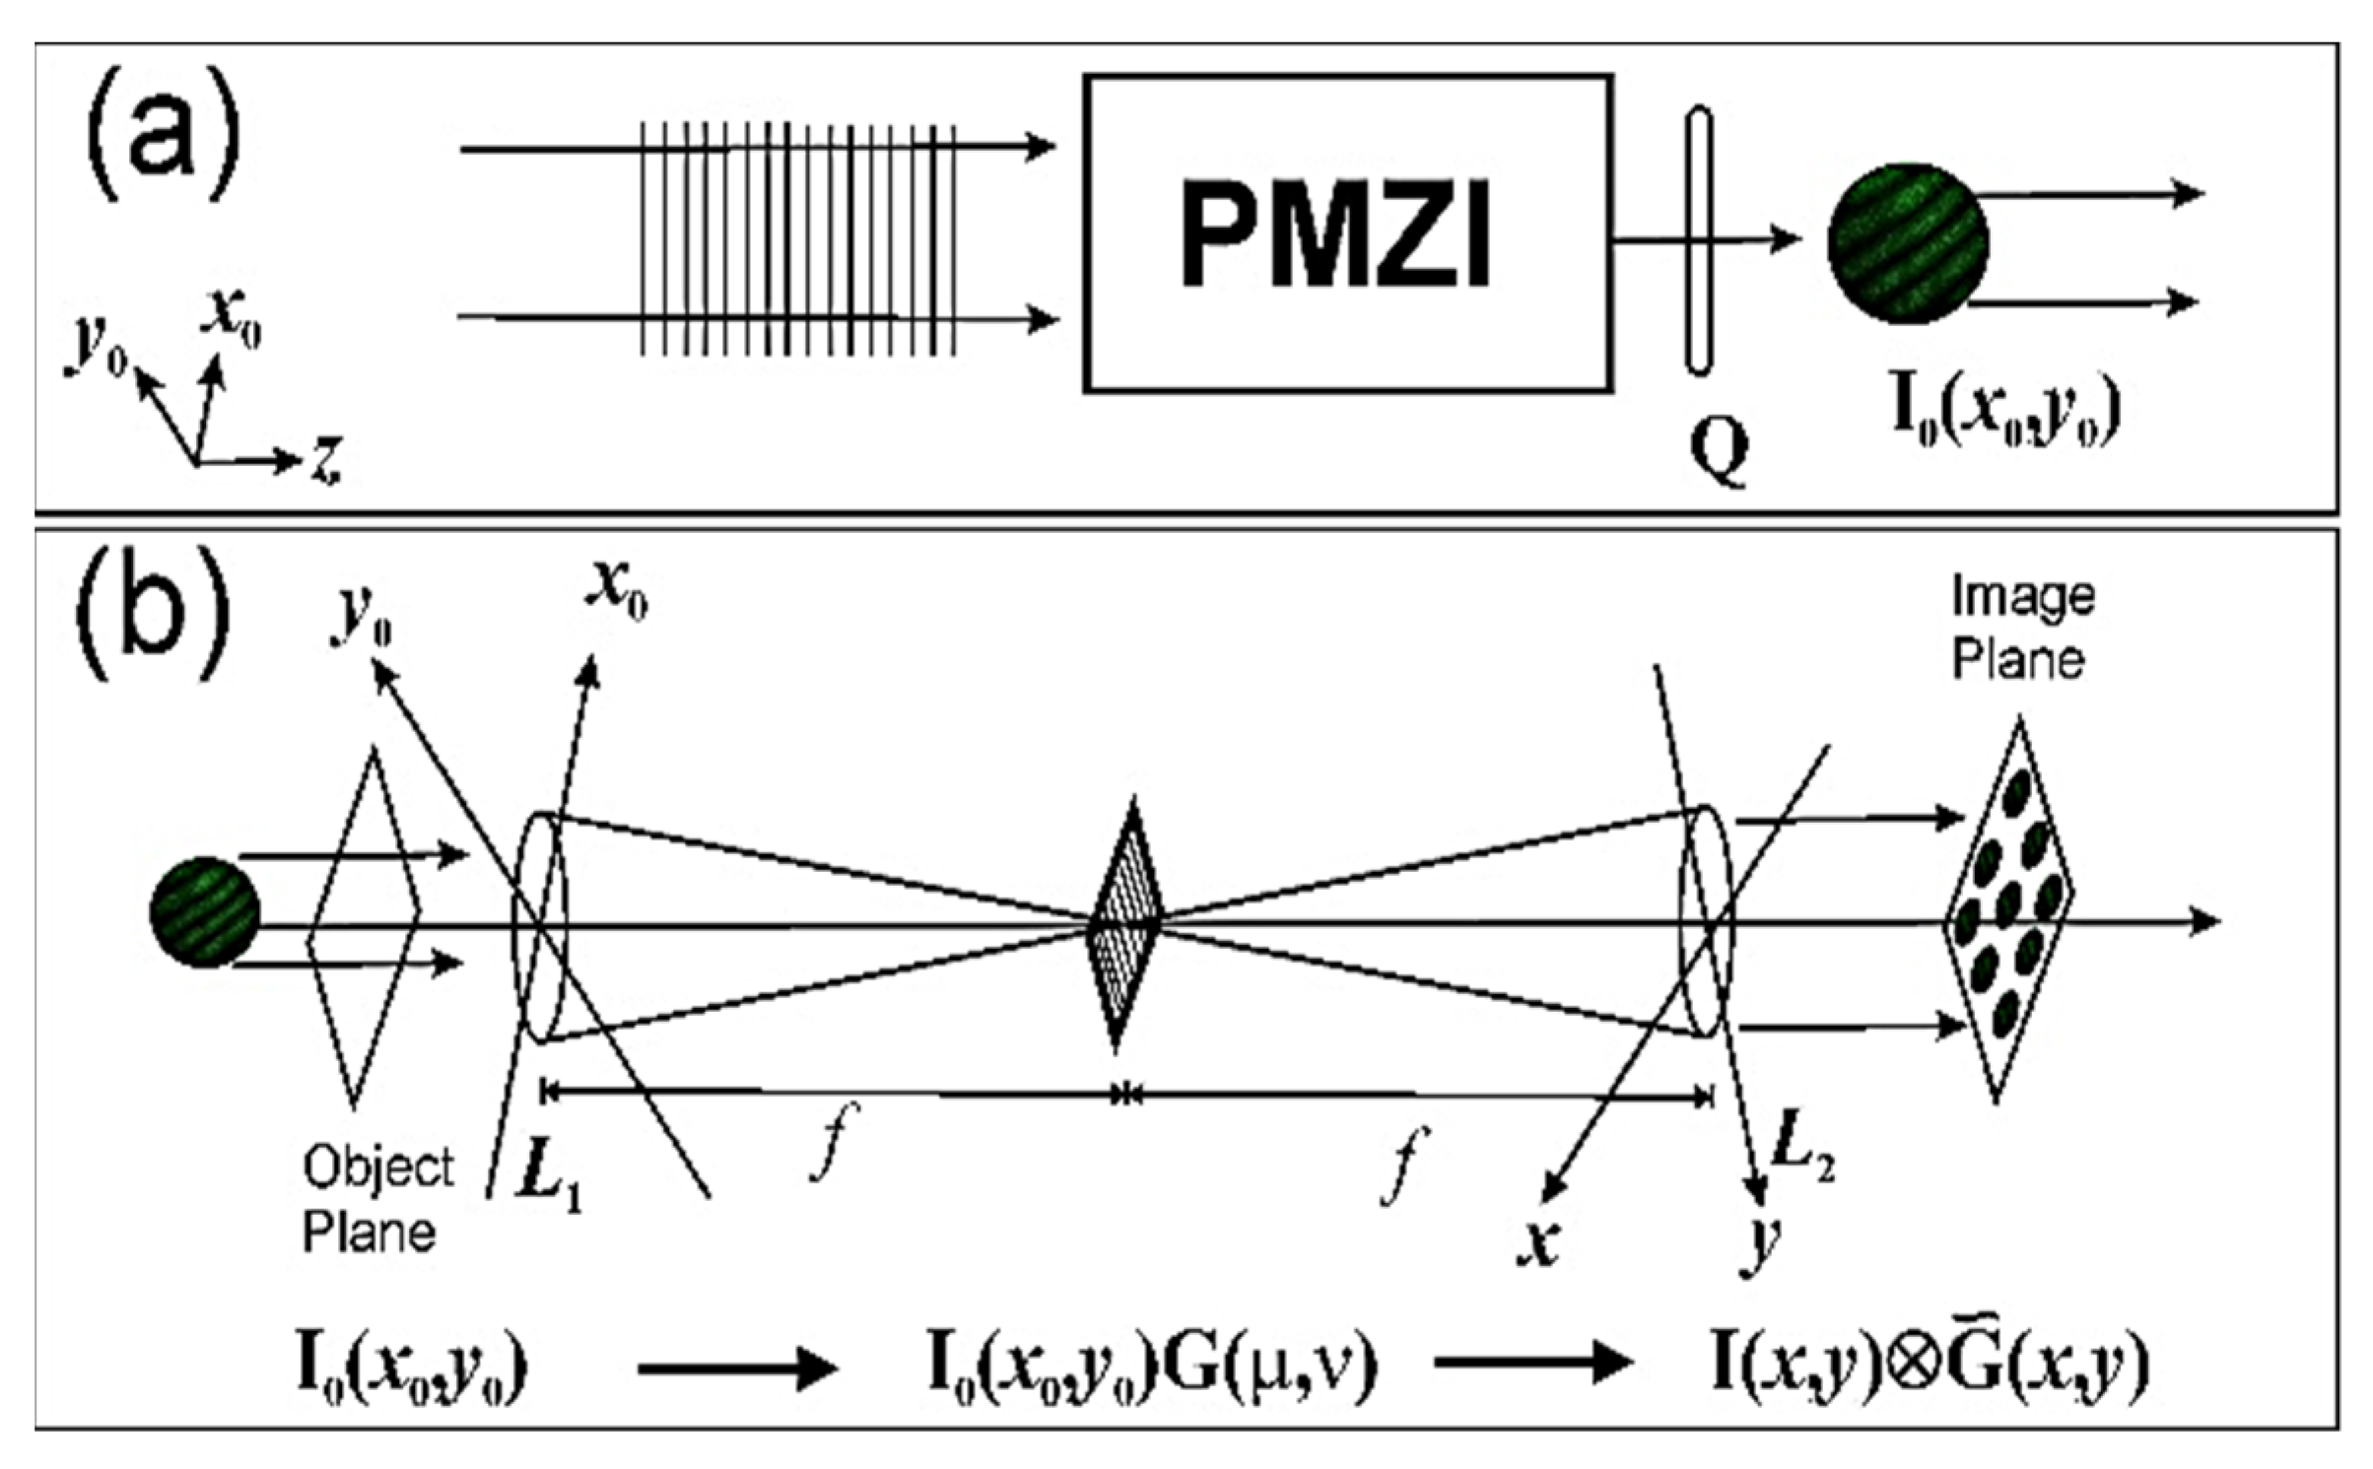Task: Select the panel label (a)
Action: coord(164,134)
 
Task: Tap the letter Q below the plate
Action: coord(1719,448)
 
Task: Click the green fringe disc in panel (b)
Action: coord(204,911)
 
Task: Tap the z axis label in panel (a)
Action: coord(326,460)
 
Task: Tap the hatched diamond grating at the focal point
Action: coord(1124,923)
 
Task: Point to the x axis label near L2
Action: coord(1538,1243)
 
